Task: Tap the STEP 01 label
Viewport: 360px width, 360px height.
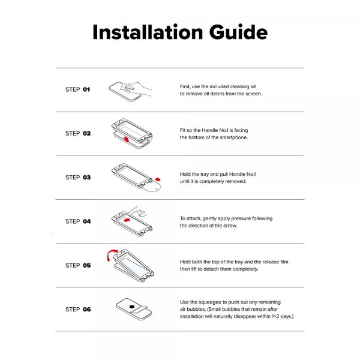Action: (77, 89)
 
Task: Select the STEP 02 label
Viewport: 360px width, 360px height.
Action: (77, 133)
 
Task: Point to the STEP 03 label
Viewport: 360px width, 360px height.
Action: (77, 178)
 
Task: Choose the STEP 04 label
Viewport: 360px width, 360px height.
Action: (77, 221)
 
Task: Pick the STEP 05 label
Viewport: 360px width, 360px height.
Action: (77, 265)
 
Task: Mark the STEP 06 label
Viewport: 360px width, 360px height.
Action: (77, 309)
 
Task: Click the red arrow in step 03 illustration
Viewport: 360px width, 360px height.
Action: (157, 178)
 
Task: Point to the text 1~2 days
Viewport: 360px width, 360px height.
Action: (279, 316)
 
